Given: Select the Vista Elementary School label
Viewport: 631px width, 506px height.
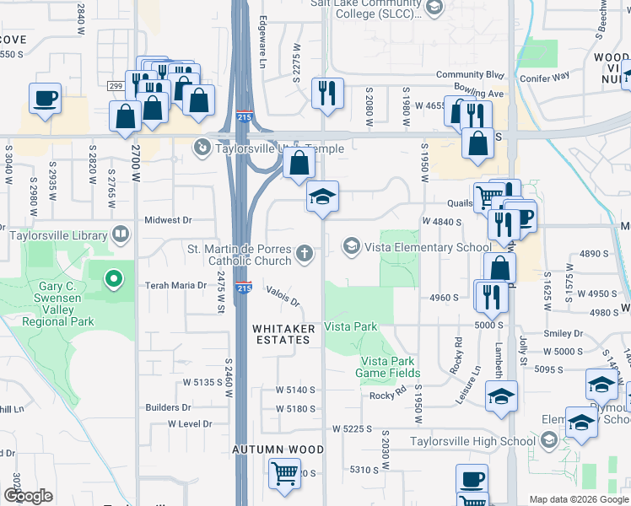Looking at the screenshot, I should (x=427, y=247).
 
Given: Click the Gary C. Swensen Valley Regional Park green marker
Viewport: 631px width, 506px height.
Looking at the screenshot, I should (x=114, y=277).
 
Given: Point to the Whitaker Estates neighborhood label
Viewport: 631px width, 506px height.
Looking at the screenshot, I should (x=283, y=334).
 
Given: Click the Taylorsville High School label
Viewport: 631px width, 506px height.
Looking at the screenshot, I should (x=472, y=441).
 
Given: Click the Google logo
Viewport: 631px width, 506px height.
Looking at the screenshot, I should (x=28, y=496).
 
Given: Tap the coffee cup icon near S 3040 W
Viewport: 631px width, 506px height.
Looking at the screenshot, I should (x=46, y=98).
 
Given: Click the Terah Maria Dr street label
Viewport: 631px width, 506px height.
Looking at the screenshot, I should (x=176, y=286).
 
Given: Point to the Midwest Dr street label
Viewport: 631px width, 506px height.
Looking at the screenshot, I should (x=168, y=220).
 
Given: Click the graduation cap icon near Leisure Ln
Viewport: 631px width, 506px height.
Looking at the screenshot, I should (x=501, y=397).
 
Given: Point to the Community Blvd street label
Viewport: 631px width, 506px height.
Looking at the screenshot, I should (x=470, y=75).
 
